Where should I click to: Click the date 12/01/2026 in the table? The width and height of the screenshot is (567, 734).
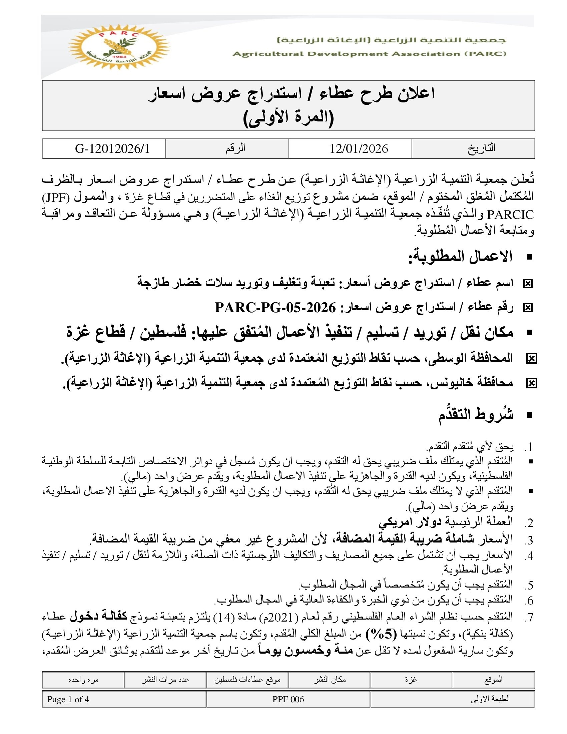(x=359, y=148)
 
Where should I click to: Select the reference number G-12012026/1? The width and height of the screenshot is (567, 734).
(x=112, y=148)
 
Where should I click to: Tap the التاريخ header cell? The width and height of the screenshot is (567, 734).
(x=481, y=148)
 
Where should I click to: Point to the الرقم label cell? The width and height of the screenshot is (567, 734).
(x=235, y=148)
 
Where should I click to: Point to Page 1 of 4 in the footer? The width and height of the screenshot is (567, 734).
(x=68, y=699)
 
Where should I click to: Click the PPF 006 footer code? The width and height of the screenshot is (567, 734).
(x=288, y=699)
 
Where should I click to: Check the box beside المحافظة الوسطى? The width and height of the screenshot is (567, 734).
(x=531, y=359)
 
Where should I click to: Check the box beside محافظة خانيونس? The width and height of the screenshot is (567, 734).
(x=531, y=383)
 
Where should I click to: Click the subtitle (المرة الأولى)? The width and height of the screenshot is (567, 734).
(x=288, y=118)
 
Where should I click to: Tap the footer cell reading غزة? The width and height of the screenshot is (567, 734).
(x=411, y=679)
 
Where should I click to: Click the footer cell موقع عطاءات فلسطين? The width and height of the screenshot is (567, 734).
(x=247, y=679)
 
